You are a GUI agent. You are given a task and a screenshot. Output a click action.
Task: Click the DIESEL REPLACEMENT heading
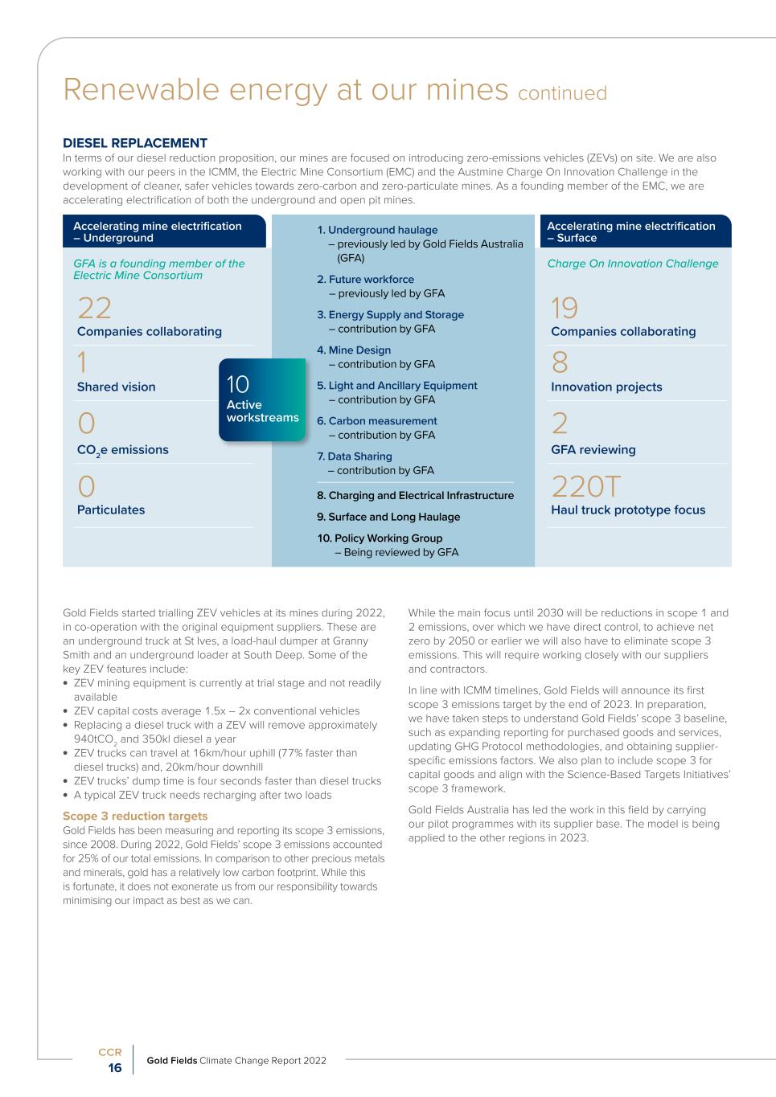coord(134,143)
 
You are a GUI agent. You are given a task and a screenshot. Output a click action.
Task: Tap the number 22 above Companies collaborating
coord(94,309)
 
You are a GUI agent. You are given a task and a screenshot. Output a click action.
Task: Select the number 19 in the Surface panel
coord(565,309)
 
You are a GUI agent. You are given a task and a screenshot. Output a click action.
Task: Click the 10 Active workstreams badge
coord(262,399)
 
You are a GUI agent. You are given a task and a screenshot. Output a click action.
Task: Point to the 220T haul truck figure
coord(586,486)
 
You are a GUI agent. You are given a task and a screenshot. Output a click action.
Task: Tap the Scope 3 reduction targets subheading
coord(135,816)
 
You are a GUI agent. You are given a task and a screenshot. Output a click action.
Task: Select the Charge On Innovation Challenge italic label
coord(633,264)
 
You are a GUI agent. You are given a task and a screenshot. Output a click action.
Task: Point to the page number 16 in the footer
coord(115,1068)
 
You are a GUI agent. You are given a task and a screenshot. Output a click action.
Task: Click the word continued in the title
coord(562,93)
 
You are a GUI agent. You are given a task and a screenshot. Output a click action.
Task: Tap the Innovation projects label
coord(606,387)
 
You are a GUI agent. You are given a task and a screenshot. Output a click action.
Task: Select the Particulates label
coord(111,510)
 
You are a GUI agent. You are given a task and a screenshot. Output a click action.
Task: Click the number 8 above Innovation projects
coord(560,364)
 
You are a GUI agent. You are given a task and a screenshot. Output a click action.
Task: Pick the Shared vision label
coord(117,387)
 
